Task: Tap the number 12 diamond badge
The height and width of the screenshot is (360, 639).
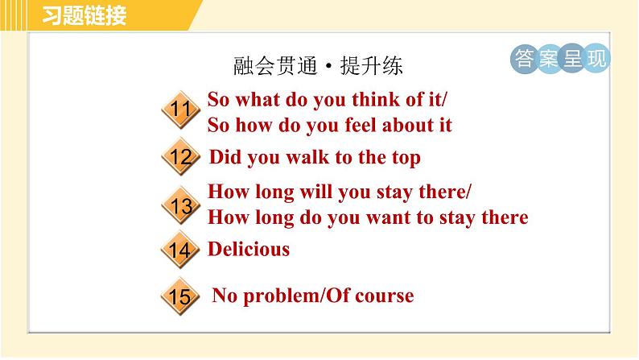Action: (x=181, y=157)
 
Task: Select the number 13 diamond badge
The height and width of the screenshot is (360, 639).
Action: (x=181, y=205)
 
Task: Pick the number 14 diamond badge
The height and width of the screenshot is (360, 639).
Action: (x=181, y=250)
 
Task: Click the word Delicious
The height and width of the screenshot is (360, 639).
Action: (x=249, y=249)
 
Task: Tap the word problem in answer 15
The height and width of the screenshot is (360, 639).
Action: (x=284, y=296)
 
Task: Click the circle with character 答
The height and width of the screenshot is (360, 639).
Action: (x=523, y=59)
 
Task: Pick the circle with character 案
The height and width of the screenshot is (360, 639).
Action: (x=549, y=59)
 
